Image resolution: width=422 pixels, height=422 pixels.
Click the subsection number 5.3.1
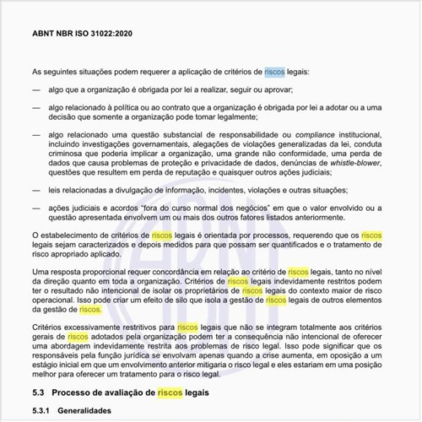tap(43, 411)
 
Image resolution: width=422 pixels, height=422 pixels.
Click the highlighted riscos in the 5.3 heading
tap(170, 393)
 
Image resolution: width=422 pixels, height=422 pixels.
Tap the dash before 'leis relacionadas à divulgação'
tap(35, 190)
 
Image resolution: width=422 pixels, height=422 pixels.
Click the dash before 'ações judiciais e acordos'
tap(35, 206)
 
